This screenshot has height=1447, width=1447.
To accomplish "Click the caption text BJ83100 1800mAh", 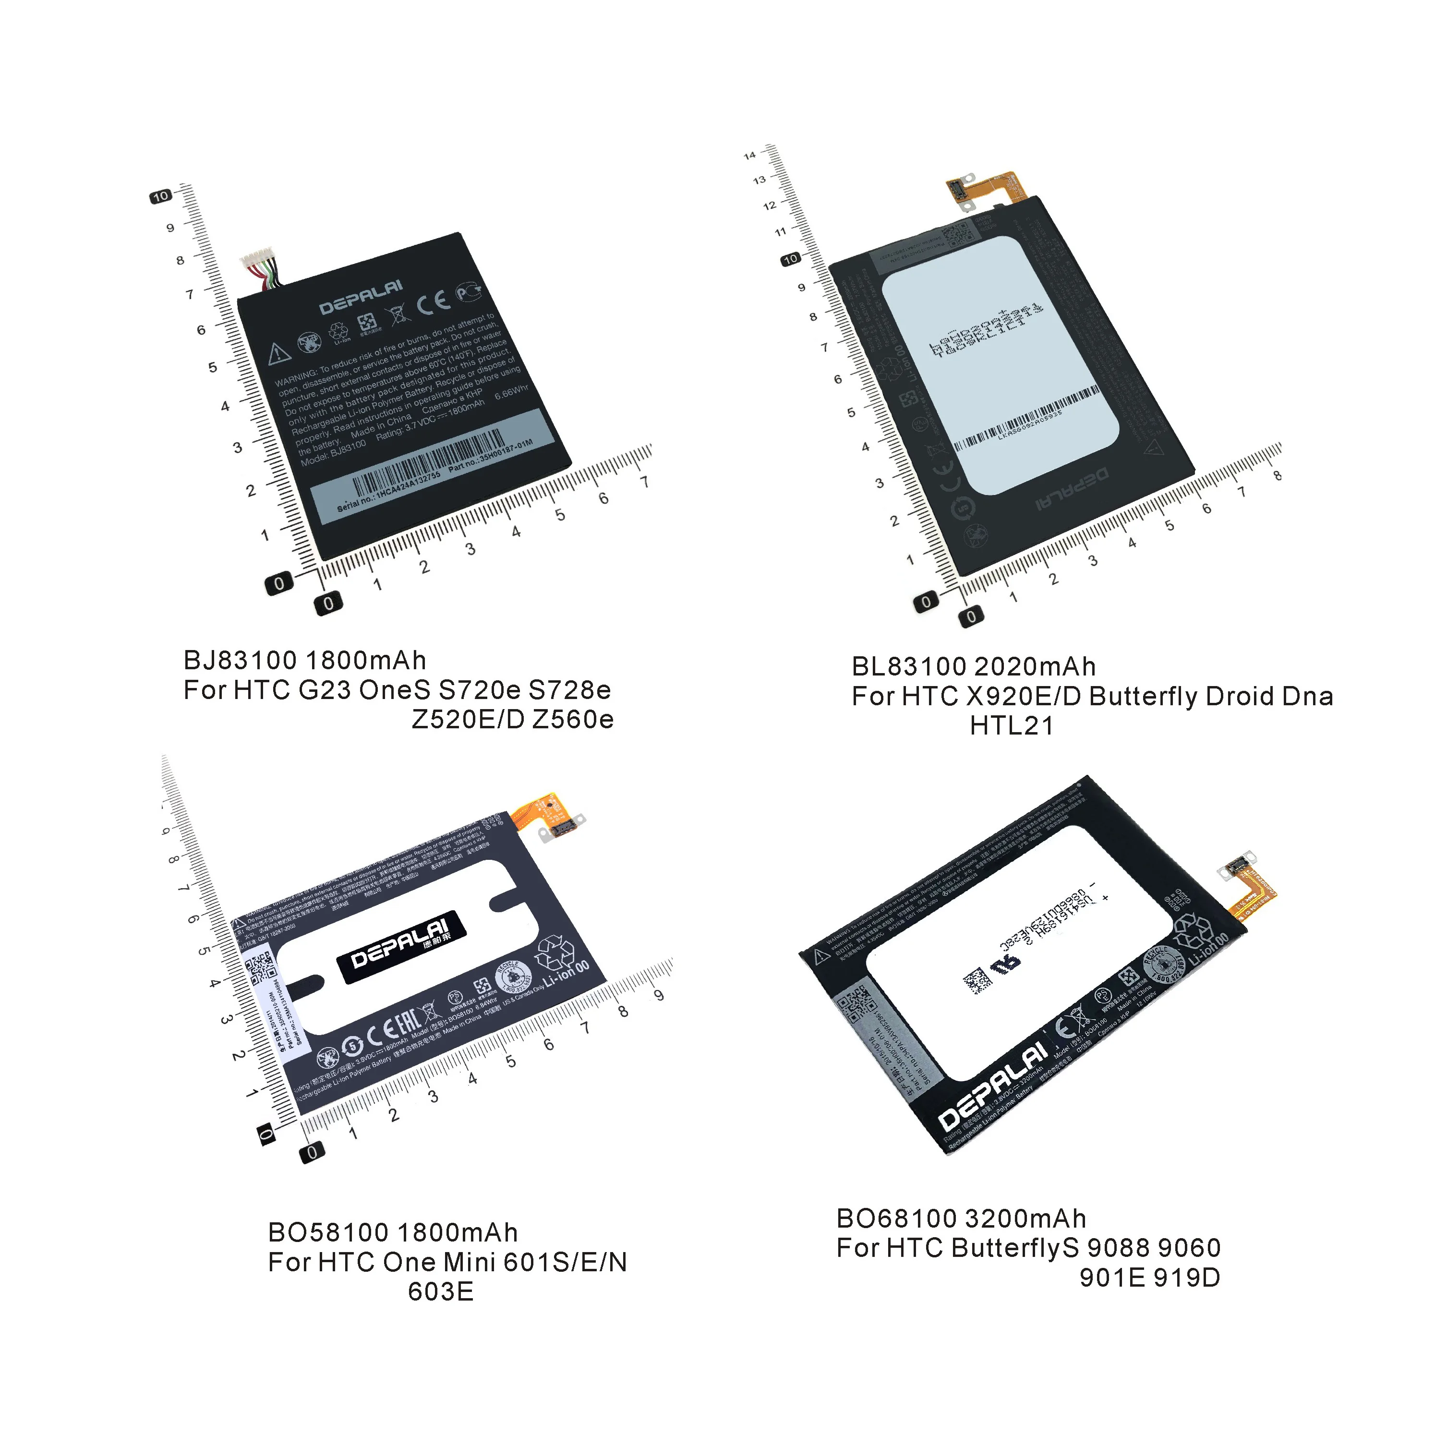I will tap(305, 661).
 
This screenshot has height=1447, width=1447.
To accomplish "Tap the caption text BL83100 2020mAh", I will tap(974, 666).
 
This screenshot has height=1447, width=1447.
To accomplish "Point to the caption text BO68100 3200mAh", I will tap(961, 1218).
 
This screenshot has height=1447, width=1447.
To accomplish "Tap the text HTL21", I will tap(1011, 726).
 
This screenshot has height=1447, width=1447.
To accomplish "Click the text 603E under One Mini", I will tap(440, 1292).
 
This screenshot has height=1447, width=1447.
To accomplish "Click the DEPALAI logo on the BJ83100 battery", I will tap(361, 297).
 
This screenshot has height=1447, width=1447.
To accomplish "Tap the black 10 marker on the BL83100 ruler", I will tap(790, 259).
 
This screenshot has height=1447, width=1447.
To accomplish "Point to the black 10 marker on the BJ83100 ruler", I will tap(160, 196).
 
